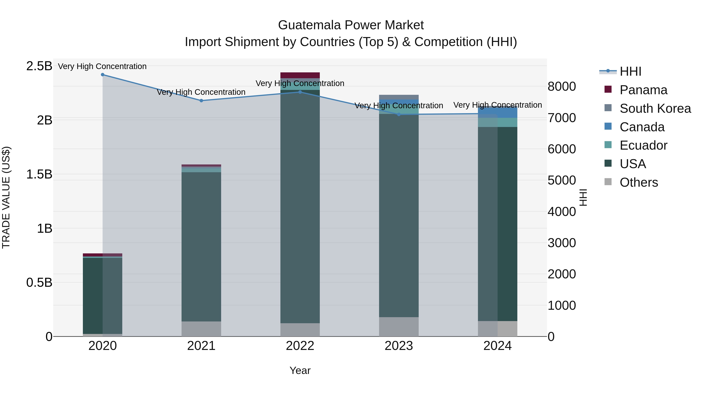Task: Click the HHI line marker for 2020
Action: (102, 75)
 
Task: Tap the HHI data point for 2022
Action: (300, 92)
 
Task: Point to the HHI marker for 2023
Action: (399, 115)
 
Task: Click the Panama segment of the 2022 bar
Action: (300, 75)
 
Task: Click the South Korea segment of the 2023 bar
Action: (399, 97)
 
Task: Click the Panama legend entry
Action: (643, 90)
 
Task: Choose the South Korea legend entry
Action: (655, 108)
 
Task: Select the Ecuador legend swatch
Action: (608, 145)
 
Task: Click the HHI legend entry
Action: (630, 71)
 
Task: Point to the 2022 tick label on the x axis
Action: (300, 346)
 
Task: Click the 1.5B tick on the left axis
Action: (39, 174)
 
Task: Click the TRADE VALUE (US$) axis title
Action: (6, 197)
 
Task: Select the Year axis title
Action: (300, 370)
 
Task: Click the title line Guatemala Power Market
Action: (351, 25)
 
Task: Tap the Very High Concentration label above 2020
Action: (102, 66)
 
